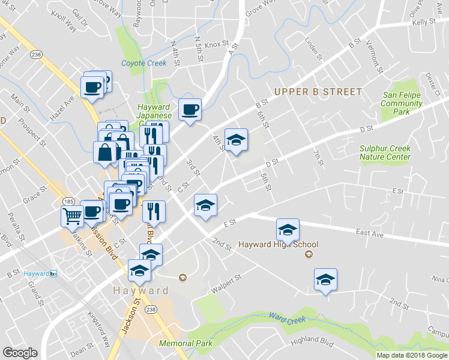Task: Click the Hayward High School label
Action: tap(278, 244)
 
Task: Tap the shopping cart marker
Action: tap(72, 215)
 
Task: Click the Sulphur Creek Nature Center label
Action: tap(385, 152)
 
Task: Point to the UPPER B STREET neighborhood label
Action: tap(318, 92)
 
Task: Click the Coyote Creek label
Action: tap(143, 63)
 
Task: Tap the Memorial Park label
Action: tap(186, 344)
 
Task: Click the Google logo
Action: tap(20, 352)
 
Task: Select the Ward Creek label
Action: tap(283, 316)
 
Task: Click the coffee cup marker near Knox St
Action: tap(190, 109)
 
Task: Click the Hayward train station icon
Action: tap(53, 274)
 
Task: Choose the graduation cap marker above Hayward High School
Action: tap(288, 229)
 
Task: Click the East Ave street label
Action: tap(369, 232)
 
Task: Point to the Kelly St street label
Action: tap(424, 21)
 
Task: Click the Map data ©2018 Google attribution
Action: tap(412, 355)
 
